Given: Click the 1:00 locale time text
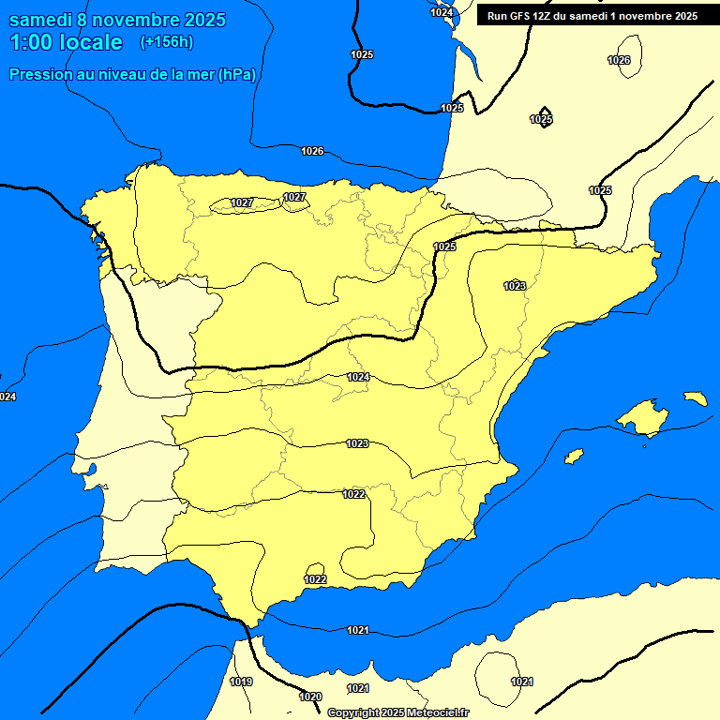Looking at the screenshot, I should (x=66, y=42).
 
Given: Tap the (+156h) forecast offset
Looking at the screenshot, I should (x=166, y=42).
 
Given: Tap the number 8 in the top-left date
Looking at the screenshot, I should (x=83, y=20).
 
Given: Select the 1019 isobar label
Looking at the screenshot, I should (x=241, y=682).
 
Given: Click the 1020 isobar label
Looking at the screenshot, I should (x=310, y=697).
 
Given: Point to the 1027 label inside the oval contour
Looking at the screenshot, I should (x=242, y=202).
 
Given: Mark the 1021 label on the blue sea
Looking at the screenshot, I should (x=357, y=630).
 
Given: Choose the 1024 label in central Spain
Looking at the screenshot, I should (x=357, y=377).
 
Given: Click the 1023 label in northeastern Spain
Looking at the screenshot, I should (x=514, y=286).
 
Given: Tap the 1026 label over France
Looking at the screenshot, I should (x=619, y=60).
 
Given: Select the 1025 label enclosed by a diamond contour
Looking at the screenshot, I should (x=541, y=119).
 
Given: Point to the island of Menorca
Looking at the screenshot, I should (x=696, y=398).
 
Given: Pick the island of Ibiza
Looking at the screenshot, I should (x=574, y=457).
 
